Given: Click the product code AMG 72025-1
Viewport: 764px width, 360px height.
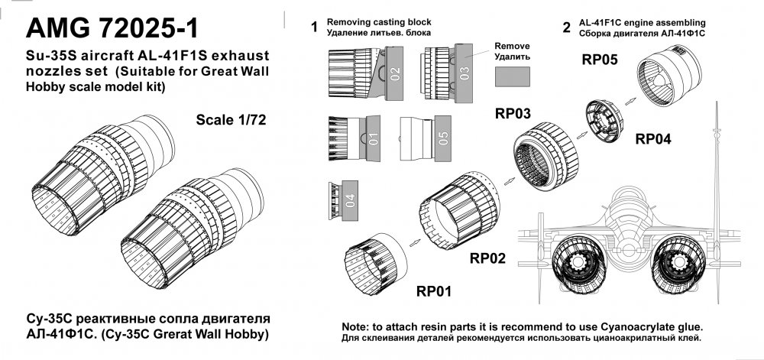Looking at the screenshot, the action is [112, 28].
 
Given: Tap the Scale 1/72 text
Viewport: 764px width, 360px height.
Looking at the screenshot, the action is [231, 120].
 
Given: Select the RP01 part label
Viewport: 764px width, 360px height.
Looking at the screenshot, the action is [434, 291].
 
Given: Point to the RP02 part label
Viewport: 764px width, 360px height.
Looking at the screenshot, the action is [487, 258].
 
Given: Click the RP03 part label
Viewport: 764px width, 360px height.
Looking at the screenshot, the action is [513, 114].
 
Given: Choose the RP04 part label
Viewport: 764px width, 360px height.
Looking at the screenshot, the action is [653, 139].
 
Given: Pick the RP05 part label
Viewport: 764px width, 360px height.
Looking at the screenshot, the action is [600, 60].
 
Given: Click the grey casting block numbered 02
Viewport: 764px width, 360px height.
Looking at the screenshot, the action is [395, 73].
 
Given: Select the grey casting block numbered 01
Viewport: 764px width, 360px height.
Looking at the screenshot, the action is [373, 139].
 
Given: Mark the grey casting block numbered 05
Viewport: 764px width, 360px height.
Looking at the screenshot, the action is [443, 139].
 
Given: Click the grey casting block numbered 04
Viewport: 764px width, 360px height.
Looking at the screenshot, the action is [350, 200].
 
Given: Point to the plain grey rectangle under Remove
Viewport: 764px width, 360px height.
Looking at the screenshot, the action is [513, 77].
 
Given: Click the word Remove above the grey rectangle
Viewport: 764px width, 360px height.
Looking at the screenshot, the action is [512, 47].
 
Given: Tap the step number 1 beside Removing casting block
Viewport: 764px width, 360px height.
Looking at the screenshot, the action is [315, 28].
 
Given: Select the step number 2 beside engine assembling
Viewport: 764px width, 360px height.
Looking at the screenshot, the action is [566, 28].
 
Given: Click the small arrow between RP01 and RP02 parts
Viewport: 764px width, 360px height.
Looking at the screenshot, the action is [415, 242].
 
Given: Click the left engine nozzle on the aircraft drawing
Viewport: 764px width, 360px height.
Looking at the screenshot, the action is [578, 266].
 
